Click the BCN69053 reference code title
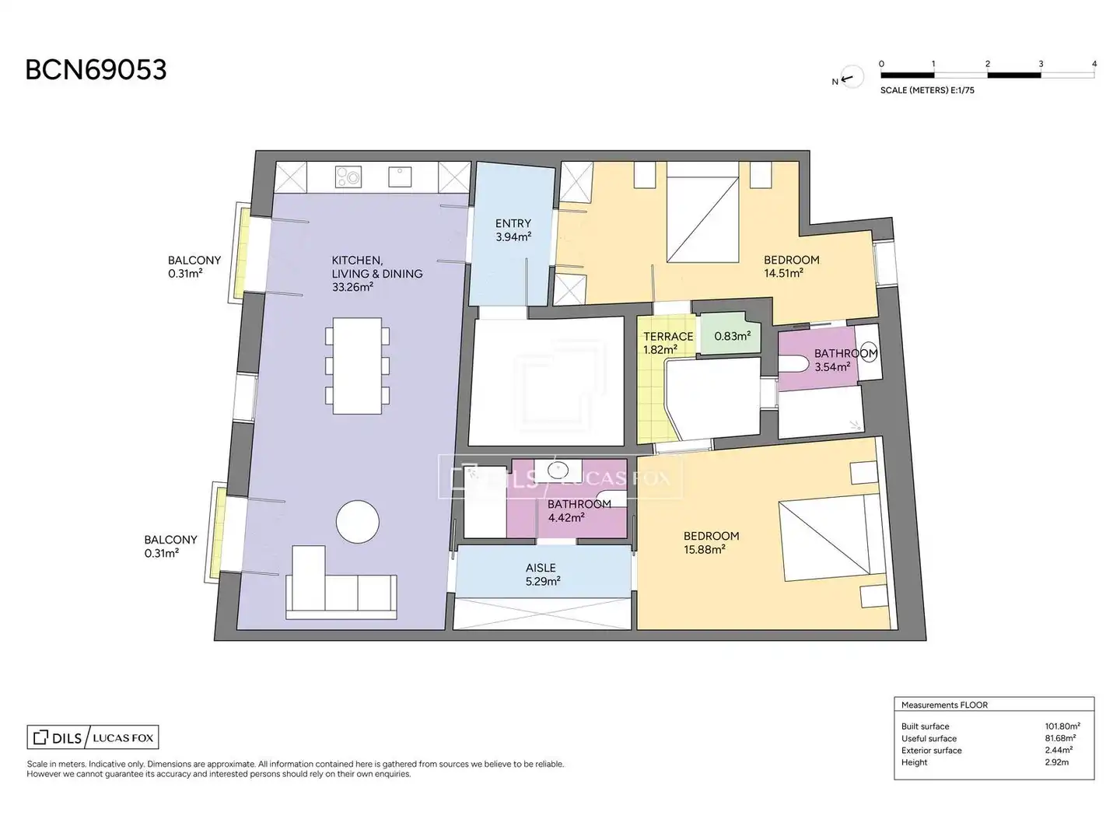click(x=96, y=70)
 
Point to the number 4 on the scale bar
click(x=1094, y=64)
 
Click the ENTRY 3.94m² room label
click(x=513, y=230)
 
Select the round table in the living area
click(x=357, y=522)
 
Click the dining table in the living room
click(x=357, y=366)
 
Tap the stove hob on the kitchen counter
click(x=348, y=177)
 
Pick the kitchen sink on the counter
click(x=400, y=177)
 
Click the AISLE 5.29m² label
click(x=543, y=574)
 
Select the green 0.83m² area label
click(x=732, y=336)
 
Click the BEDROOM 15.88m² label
click(x=712, y=542)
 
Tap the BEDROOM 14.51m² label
click(x=792, y=266)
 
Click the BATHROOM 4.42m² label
click(x=579, y=510)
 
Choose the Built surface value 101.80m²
click(x=1062, y=726)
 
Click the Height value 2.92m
click(x=1057, y=762)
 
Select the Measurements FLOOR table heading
click(x=944, y=705)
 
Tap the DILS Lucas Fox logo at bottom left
click(x=93, y=737)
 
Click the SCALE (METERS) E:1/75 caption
click(x=927, y=90)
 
